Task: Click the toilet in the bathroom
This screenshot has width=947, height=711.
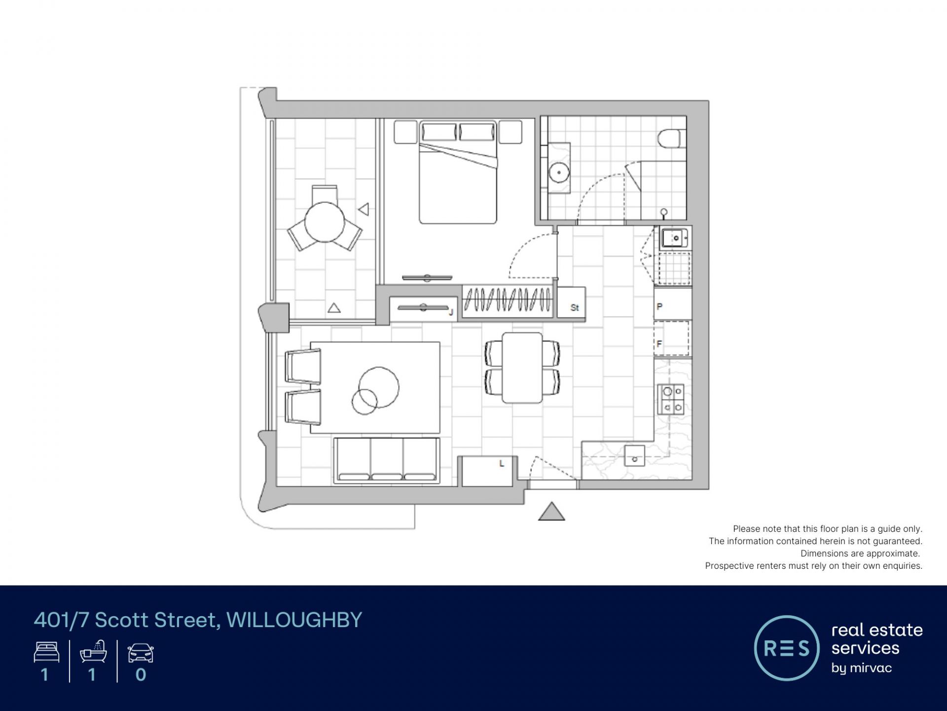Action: coord(672,139)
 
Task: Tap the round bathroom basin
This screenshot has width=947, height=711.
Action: coord(559,172)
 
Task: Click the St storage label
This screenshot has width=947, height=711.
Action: coord(575,307)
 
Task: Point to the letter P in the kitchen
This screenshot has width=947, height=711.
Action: coord(659,307)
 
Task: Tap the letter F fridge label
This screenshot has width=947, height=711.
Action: coord(659,344)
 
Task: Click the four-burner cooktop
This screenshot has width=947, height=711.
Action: coord(671,399)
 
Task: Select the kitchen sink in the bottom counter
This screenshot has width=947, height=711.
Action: coord(634,455)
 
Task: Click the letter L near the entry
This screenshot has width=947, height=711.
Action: coord(502,464)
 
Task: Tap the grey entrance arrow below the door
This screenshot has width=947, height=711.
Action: coord(551,512)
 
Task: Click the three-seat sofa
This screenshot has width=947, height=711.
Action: coord(387,460)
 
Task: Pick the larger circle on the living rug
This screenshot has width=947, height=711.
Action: coord(379,388)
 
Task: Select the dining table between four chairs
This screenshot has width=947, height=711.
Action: coord(522,368)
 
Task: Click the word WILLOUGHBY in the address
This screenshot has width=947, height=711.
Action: coord(294,620)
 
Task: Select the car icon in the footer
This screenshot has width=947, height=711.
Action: coord(141,653)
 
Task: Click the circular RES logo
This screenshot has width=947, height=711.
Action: coord(787,648)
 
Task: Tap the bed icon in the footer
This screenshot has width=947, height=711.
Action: coord(47,652)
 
